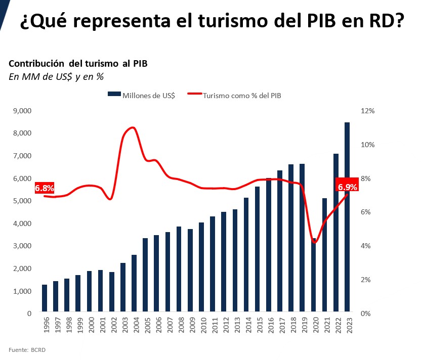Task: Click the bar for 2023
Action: pos(347,217)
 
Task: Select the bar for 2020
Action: pos(313,275)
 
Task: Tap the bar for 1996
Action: pos(45,298)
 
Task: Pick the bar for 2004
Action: pos(134,283)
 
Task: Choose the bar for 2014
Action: pos(246,254)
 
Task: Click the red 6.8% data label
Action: pos(45,188)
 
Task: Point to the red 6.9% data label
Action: pos(347,187)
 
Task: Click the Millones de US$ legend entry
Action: pos(141,95)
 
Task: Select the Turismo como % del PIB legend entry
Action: pos(234,95)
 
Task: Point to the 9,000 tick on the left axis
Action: pos(22,111)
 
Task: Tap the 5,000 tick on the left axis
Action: pos(22,201)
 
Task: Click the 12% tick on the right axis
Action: pos(367,111)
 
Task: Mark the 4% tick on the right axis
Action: pos(366,246)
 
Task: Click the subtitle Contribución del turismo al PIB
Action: pos(78,63)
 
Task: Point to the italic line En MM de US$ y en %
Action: pos(56,77)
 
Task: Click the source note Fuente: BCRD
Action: pos(27,350)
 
